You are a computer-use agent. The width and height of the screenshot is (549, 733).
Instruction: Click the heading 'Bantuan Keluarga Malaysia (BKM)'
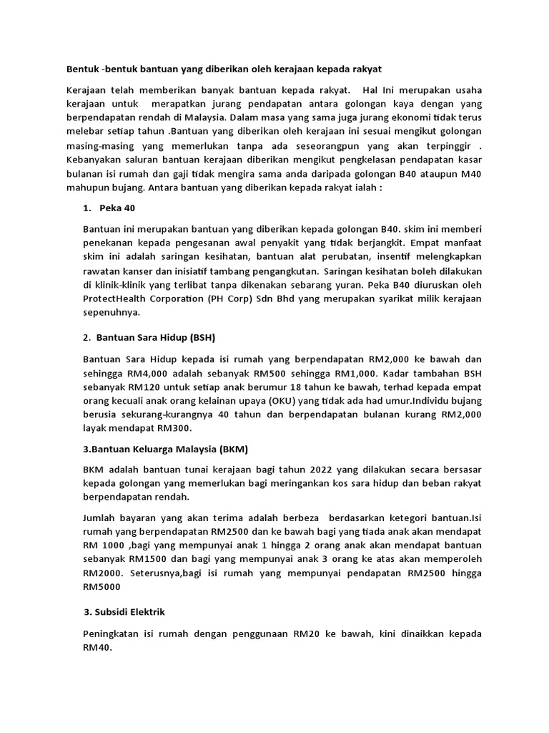(165, 448)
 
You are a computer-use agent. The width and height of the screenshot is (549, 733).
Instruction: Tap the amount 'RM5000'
(103, 586)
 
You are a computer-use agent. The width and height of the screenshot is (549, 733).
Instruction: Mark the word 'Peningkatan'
(117, 634)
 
